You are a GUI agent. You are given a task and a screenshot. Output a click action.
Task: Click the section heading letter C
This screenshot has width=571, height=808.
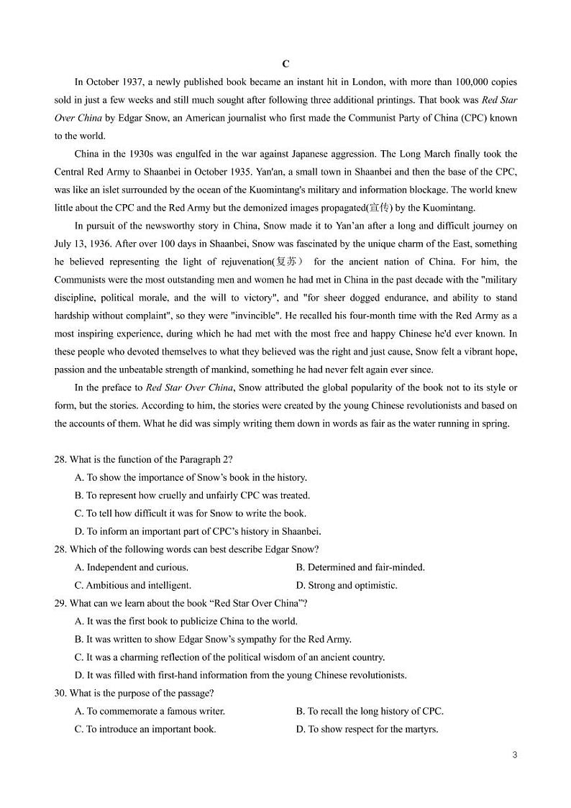285,64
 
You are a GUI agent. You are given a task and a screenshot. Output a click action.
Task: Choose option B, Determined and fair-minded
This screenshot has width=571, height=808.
360,567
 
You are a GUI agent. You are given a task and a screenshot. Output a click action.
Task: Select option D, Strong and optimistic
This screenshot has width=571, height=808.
347,585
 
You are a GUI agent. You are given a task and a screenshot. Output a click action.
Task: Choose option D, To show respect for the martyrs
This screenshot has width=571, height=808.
367,729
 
